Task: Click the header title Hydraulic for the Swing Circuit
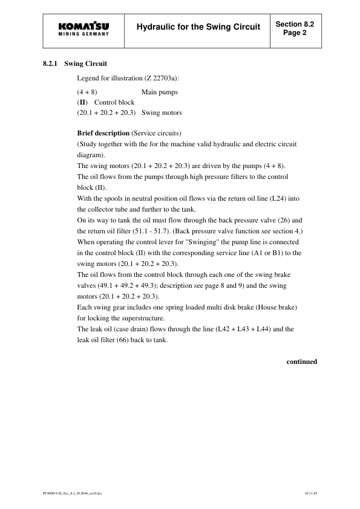198,27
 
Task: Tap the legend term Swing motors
162,112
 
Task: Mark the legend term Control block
114,102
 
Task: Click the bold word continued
301,362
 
